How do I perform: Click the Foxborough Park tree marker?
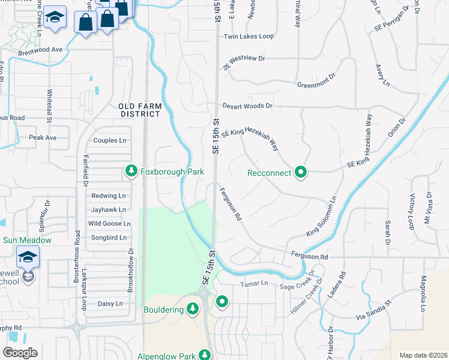tap(131, 172)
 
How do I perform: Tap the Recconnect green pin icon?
tap(301, 173)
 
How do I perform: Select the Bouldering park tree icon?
tap(193, 309)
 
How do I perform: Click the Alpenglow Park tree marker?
tap(205, 355)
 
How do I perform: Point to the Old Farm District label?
tap(140, 110)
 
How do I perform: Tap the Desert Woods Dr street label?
tap(247, 106)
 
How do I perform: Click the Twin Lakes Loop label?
tap(249, 37)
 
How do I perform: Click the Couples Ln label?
tap(110, 140)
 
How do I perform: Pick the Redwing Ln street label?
tap(108, 196)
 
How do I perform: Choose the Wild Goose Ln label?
tap(109, 223)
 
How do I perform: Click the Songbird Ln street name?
tap(108, 238)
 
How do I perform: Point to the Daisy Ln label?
tap(110, 304)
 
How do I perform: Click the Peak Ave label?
tap(42, 137)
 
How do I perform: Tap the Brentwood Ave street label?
tap(40, 49)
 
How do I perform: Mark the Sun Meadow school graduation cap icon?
tap(28, 257)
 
